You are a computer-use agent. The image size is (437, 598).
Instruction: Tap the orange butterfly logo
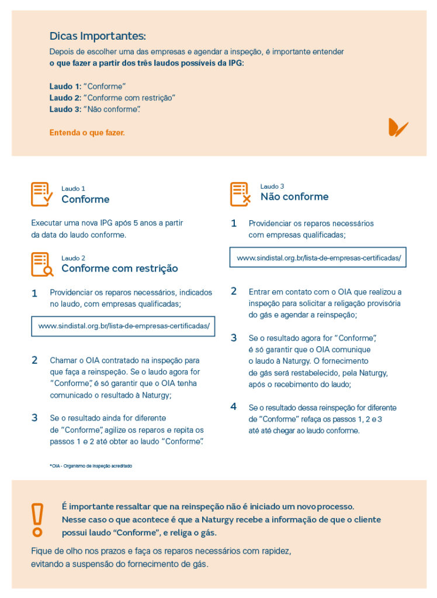(398, 127)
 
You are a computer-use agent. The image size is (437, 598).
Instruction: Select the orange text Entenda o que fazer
(87, 133)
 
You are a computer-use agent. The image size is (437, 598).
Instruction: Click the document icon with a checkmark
(41, 194)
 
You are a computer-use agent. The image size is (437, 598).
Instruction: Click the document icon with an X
(240, 194)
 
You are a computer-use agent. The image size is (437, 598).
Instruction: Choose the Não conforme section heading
(294, 197)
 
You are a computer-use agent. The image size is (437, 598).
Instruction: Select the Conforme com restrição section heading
(120, 269)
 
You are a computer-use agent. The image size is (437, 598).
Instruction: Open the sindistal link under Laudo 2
(123, 326)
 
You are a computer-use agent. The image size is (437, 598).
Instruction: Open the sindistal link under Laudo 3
(318, 258)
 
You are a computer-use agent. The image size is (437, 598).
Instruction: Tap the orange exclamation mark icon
(37, 519)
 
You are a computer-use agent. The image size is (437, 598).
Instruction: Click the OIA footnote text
(91, 466)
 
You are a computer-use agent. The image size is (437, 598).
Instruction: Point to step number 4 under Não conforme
(234, 406)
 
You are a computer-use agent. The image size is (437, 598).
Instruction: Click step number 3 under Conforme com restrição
(34, 418)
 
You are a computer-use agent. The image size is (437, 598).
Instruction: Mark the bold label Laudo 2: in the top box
(65, 98)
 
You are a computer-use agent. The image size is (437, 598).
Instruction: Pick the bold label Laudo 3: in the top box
(65, 109)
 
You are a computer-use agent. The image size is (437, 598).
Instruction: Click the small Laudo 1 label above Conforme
(73, 189)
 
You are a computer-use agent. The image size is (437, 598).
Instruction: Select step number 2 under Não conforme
(234, 291)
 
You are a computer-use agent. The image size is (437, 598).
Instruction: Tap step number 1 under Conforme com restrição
(34, 293)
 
